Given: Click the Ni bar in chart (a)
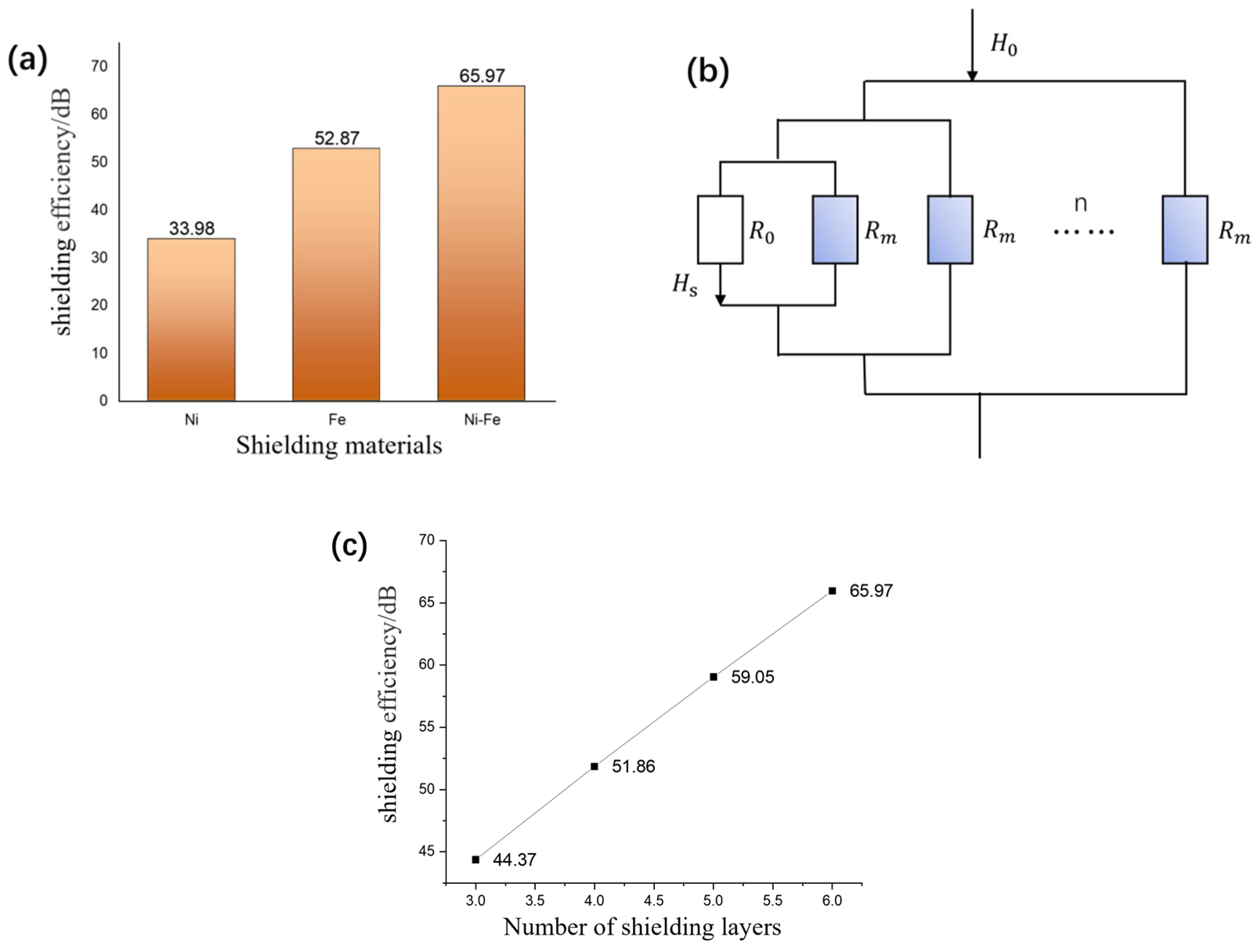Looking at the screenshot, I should [x=191, y=319].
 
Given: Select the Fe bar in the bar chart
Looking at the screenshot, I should [x=336, y=274].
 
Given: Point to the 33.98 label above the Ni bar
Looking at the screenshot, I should [x=191, y=229].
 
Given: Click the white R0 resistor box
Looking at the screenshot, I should [x=720, y=229].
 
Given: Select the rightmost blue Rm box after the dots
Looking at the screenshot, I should [x=1185, y=229].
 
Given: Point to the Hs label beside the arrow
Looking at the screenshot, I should [x=685, y=284].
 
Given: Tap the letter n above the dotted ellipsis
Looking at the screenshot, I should [x=1080, y=204].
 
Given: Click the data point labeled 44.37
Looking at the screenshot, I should [x=476, y=860].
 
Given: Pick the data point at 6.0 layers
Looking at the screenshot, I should [x=832, y=591].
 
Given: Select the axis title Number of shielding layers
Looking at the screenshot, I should [x=642, y=927].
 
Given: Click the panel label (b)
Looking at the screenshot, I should [x=707, y=73].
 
